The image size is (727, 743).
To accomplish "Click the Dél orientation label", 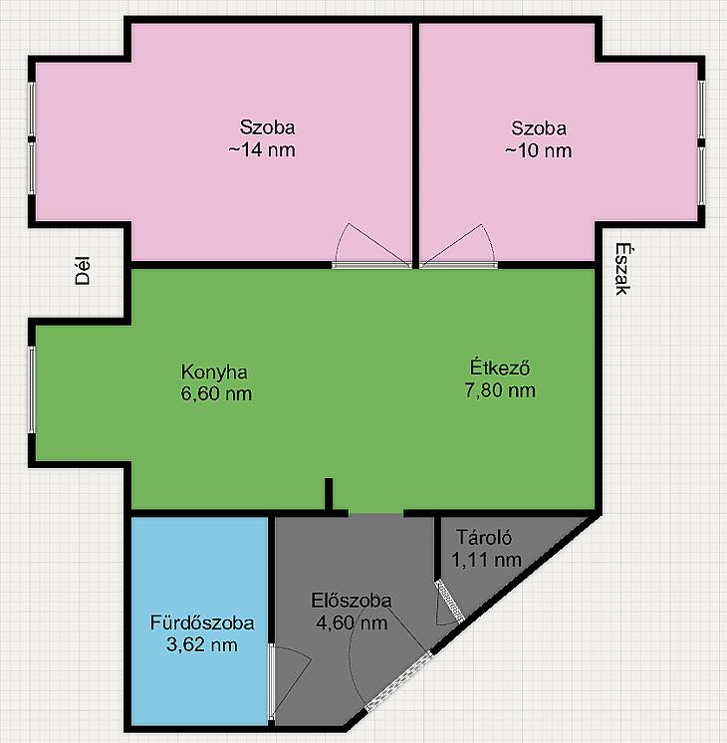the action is (x=83, y=271).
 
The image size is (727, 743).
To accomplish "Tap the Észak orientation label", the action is (x=622, y=269).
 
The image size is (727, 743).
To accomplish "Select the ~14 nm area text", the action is (x=262, y=150).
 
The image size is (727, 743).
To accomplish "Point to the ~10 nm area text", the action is (x=539, y=151).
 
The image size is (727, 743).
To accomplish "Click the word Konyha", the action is (x=214, y=372).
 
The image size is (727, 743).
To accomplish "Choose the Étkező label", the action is (x=500, y=368).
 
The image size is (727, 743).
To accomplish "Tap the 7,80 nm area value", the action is (x=500, y=390).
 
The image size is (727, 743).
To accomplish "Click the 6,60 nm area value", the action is (x=216, y=393).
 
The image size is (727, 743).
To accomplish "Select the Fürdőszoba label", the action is (x=202, y=622).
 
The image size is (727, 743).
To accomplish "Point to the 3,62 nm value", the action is (x=202, y=645).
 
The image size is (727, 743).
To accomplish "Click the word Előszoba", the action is (x=352, y=601).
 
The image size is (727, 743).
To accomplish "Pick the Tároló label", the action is (x=484, y=538).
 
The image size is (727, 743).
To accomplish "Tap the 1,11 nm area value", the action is (x=486, y=560).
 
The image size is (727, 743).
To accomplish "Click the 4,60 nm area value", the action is (x=352, y=622).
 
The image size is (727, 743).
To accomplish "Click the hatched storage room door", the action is (x=449, y=601).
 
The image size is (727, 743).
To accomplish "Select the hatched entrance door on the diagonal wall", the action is (x=399, y=681).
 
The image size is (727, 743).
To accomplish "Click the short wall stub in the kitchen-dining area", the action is (x=329, y=494).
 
